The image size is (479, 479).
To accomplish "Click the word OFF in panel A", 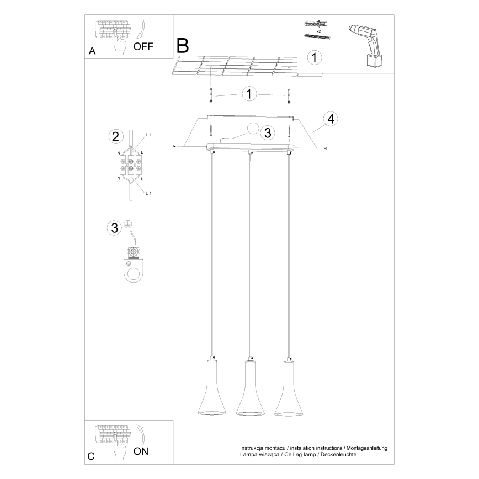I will click(x=144, y=46).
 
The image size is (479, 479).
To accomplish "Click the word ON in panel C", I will click(x=141, y=451).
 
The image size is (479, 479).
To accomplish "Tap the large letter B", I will click(x=183, y=45).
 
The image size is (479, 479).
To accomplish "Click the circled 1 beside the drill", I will click(x=314, y=57).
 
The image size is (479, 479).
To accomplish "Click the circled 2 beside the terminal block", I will click(x=115, y=137).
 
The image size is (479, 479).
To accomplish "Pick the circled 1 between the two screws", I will click(x=249, y=94).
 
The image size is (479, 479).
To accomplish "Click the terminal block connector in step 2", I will click(x=130, y=163).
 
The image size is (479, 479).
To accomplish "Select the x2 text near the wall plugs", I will click(x=319, y=31).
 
